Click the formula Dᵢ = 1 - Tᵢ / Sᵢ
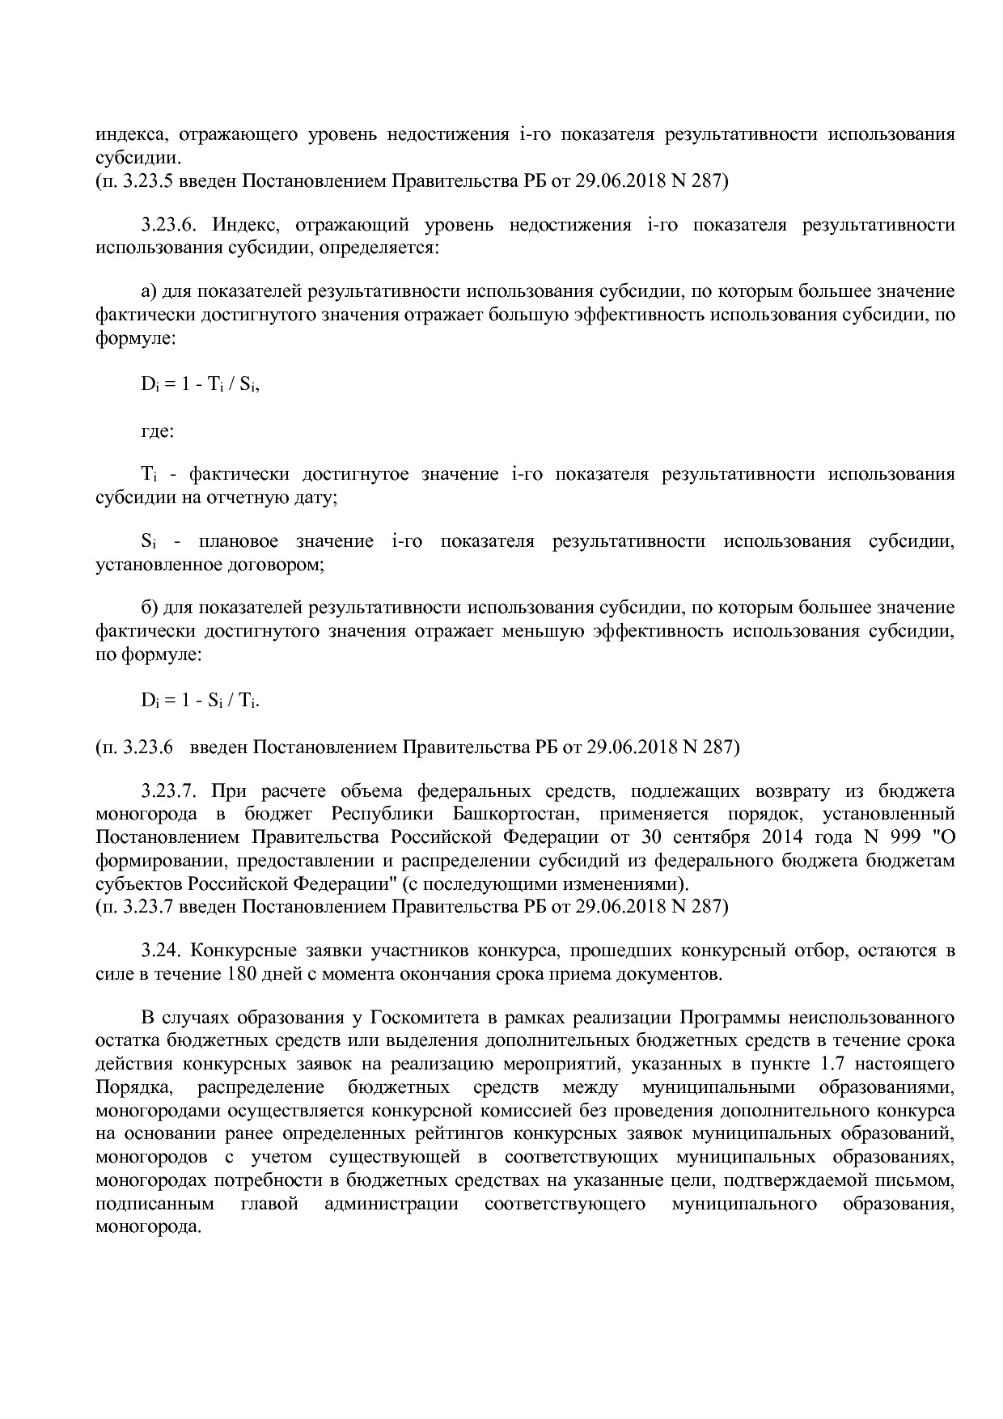(x=200, y=385)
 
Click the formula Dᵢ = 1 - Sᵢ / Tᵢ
(x=200, y=701)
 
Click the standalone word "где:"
(x=157, y=430)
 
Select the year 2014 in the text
(x=778, y=837)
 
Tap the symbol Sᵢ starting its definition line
(x=148, y=541)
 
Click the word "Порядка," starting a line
(x=133, y=1086)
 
